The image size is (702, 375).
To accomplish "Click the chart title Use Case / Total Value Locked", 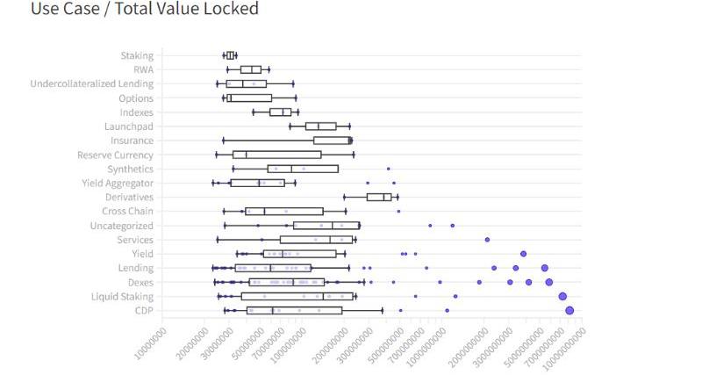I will [x=145, y=10].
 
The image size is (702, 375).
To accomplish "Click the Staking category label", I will [x=137, y=55].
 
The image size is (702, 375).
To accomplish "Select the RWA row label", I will [x=143, y=69].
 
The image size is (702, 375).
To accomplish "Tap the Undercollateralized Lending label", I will [x=92, y=83].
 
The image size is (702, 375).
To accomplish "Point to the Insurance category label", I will [x=132, y=141].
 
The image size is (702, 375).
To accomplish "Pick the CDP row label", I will [x=144, y=311].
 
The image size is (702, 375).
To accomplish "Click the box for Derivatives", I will [x=379, y=197].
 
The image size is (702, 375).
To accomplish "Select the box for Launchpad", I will [x=320, y=126].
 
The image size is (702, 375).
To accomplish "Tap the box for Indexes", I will [x=280, y=112].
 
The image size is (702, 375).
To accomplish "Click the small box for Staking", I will [x=231, y=55].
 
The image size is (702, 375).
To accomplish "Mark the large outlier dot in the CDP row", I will [x=569, y=310].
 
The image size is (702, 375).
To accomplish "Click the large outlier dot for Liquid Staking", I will [x=562, y=296].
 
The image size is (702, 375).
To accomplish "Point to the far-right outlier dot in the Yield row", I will [x=523, y=254].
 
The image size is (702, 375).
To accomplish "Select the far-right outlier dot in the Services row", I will [x=487, y=240].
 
